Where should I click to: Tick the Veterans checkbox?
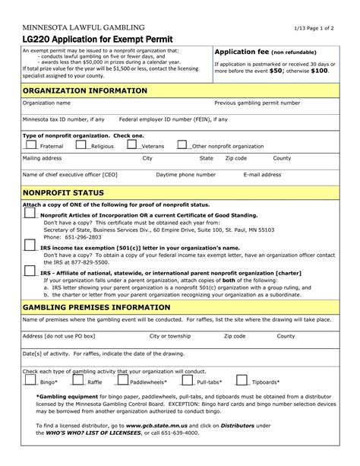click(132, 144)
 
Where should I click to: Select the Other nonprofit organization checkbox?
click(182, 144)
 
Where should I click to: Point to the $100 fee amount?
click(319, 70)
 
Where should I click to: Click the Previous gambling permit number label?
click(257, 103)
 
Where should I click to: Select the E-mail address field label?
click(263, 174)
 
